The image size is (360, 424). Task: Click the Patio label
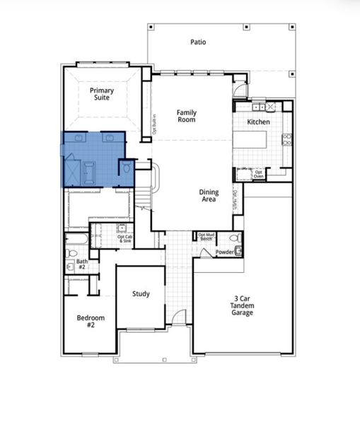(x=198, y=42)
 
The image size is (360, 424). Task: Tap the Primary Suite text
(x=104, y=95)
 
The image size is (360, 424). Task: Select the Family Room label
(x=187, y=117)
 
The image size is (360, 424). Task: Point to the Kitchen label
(x=258, y=122)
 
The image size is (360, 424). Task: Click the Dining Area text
(x=209, y=196)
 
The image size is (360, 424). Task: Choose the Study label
(x=141, y=293)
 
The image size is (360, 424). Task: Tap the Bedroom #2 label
(x=91, y=322)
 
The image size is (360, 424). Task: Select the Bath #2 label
(x=81, y=264)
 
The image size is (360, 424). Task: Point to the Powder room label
(x=224, y=252)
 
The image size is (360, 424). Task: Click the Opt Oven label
(x=259, y=174)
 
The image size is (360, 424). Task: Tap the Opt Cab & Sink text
(x=125, y=239)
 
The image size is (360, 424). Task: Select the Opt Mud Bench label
(x=207, y=237)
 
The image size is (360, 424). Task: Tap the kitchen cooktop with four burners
(x=287, y=139)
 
